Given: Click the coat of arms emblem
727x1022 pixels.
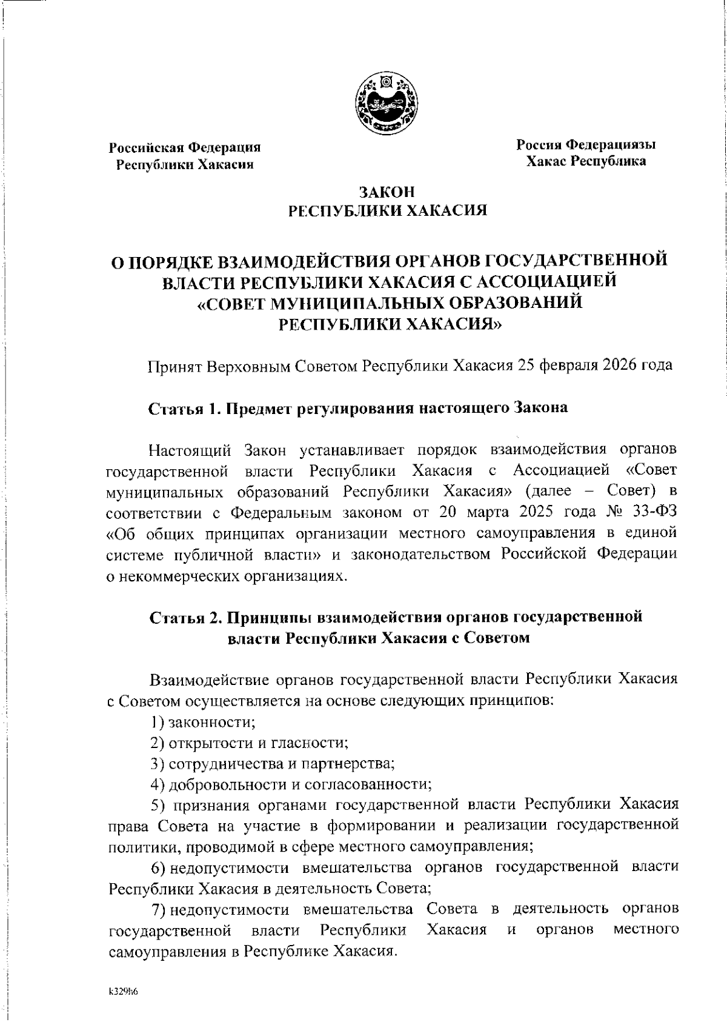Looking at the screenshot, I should pyautogui.click(x=387, y=101).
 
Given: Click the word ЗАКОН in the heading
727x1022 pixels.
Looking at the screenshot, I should pyautogui.click(x=387, y=192).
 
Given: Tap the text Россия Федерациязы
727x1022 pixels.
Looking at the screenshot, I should pyautogui.click(x=585, y=145).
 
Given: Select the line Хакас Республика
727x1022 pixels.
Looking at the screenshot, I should pyautogui.click(x=585, y=161).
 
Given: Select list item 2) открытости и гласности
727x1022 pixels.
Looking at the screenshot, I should pyautogui.click(x=249, y=743).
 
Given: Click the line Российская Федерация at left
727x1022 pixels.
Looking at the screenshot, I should pyautogui.click(x=185, y=147).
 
